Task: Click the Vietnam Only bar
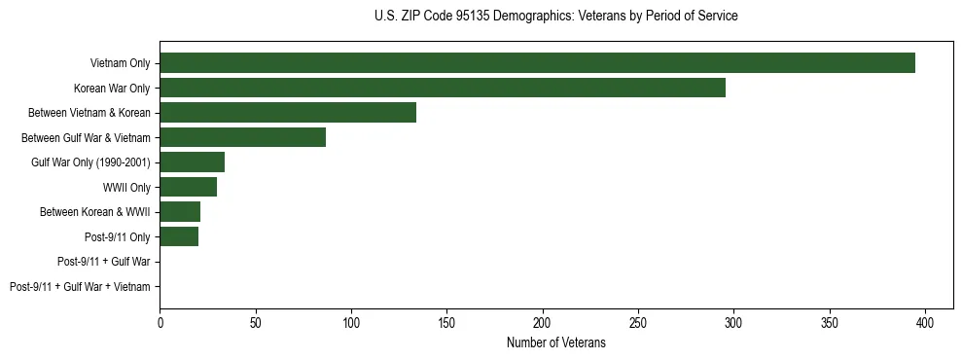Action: [x=537, y=63]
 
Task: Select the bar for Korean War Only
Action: [x=443, y=88]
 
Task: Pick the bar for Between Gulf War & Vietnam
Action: [x=242, y=137]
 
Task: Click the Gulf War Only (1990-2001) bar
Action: [x=192, y=162]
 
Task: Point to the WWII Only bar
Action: [x=188, y=187]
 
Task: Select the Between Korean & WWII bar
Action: [x=180, y=212]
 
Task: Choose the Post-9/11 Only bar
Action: [x=179, y=236]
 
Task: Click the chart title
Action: [x=555, y=17]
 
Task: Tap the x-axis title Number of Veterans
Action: [x=555, y=342]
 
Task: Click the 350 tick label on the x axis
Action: [x=830, y=321]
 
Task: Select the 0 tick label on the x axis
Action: [x=160, y=321]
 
